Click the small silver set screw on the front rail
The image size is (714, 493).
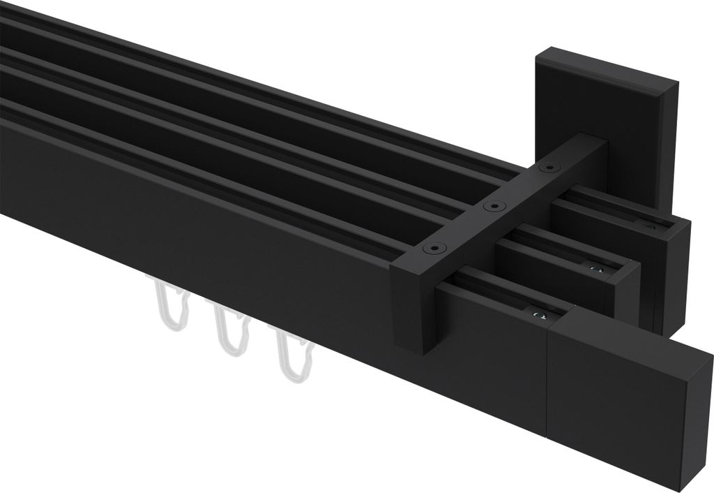[x=537, y=316]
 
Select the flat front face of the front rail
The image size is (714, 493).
[x=209, y=230]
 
